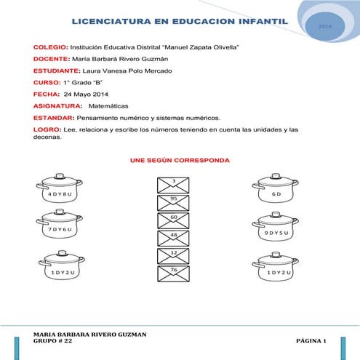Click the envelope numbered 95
pos(174,201)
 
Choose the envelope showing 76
pos(174,273)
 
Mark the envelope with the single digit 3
pos(174,183)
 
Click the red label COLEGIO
pos(50,47)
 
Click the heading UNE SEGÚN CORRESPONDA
pos(180,159)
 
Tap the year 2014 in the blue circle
pos(325,26)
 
